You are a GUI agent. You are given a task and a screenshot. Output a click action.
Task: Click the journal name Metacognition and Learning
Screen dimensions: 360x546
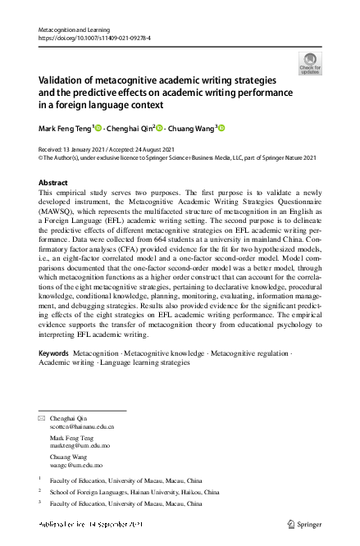pyautogui.click(x=75, y=29)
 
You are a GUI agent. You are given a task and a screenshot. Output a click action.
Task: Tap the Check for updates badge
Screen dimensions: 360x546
pyautogui.click(x=309, y=63)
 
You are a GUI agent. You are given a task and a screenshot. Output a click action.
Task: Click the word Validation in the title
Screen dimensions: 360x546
pyautogui.click(x=60, y=81)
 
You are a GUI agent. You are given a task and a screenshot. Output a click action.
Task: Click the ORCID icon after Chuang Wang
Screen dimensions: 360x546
pyautogui.click(x=220, y=127)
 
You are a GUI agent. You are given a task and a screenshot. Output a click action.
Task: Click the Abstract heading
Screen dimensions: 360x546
pyautogui.click(x=53, y=183)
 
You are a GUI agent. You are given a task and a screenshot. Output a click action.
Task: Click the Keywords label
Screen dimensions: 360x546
pyautogui.click(x=54, y=375)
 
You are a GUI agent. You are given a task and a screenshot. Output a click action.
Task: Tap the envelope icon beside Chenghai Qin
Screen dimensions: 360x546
pyautogui.click(x=43, y=418)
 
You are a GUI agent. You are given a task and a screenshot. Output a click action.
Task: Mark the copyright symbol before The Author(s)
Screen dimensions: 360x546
pyautogui.click(x=42, y=158)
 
